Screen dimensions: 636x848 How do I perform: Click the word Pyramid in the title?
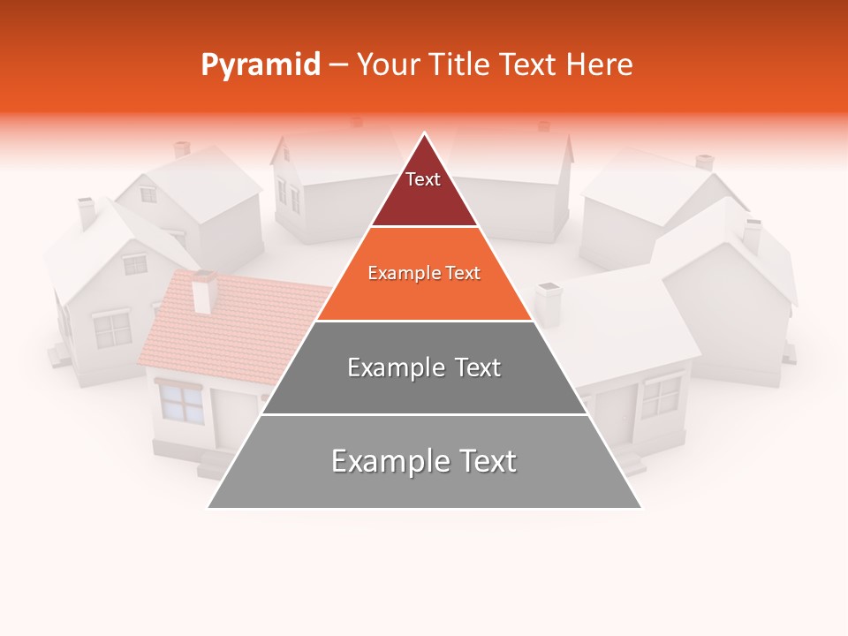tap(260, 65)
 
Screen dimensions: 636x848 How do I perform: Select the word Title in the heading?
tap(458, 65)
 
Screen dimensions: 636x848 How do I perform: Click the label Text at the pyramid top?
tap(422, 179)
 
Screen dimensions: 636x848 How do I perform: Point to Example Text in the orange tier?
tap(424, 273)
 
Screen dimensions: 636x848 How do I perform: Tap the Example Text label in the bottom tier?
tap(424, 461)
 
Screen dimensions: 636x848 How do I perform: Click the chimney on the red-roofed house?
tap(204, 291)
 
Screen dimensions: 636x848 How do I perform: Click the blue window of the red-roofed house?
tap(181, 404)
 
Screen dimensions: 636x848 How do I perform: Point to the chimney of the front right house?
tap(549, 304)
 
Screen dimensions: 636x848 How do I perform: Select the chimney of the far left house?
tap(87, 213)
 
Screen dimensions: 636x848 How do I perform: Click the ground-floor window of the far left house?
tap(112, 330)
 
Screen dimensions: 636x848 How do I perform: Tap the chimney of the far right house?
tap(752, 234)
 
